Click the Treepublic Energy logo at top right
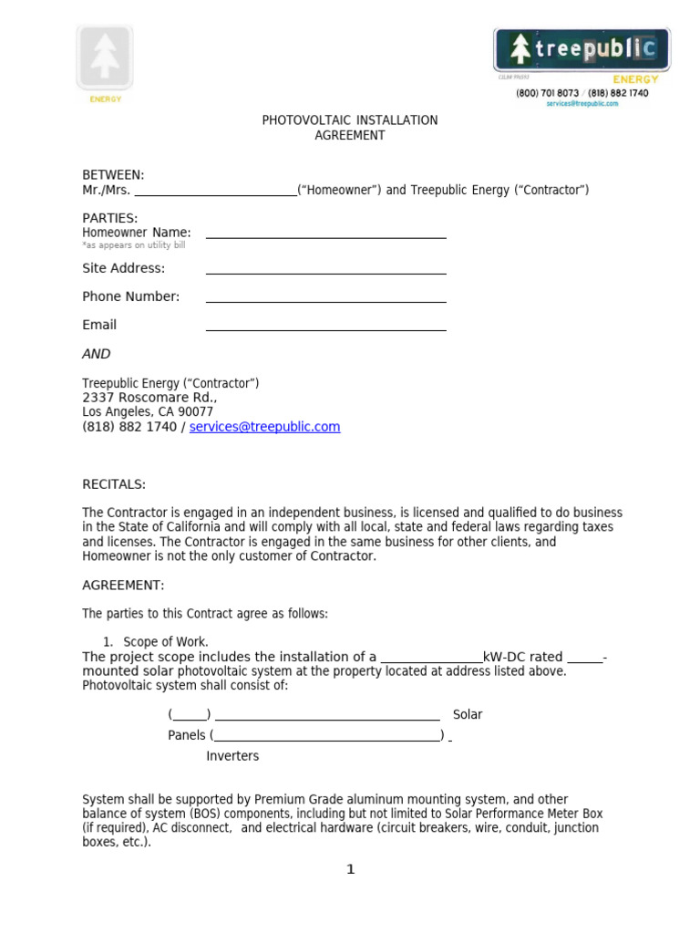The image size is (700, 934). point(582,51)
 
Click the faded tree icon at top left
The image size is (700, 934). point(105,57)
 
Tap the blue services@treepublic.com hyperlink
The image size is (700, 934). point(264,427)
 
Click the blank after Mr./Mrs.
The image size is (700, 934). point(215,192)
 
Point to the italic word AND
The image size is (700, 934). point(97,354)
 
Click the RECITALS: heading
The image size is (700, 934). point(114,484)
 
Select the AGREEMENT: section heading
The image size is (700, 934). point(123,586)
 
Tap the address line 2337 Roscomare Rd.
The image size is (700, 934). point(149,398)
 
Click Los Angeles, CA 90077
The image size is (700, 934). point(148,412)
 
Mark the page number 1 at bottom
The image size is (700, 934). point(350,869)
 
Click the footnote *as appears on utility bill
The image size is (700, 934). point(133,246)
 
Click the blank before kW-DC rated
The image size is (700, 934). point(431,660)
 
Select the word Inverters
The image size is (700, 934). point(232,756)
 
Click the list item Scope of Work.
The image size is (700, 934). point(166,642)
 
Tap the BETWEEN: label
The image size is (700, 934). point(113,175)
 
